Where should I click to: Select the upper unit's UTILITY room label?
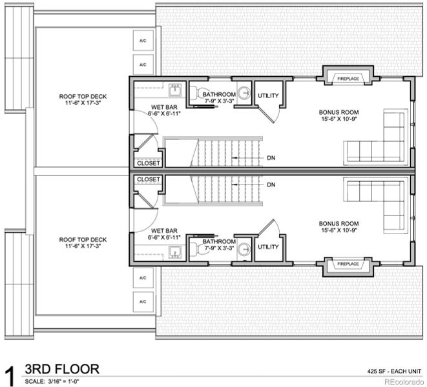coord(268,96)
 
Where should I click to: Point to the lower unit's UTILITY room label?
coord(268,246)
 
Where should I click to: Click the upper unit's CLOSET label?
coord(149,163)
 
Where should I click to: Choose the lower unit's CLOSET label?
coord(149,179)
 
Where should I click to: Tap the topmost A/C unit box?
coord(143,41)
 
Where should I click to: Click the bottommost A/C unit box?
coord(143,301)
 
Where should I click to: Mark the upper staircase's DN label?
coord(271,157)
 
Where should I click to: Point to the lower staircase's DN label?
coord(271,185)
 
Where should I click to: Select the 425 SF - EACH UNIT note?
coord(393,372)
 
